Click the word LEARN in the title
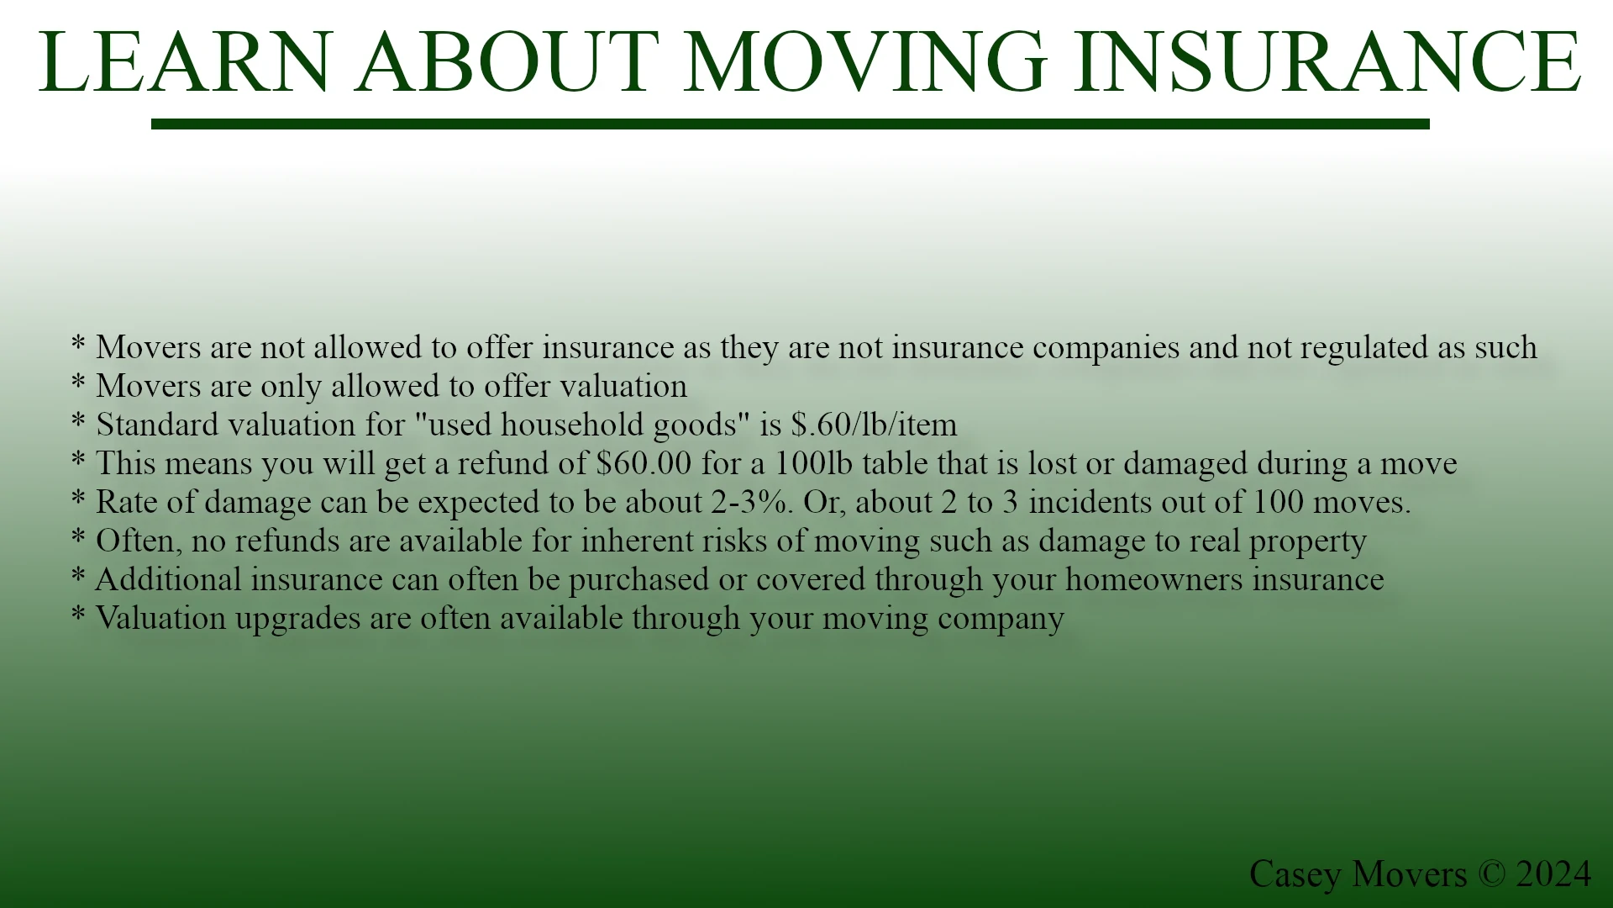coord(186,62)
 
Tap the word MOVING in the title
coord(865,62)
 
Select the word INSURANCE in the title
coord(1327,62)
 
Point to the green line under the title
coord(790,124)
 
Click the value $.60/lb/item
coord(874,425)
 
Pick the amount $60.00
coord(644,463)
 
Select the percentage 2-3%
coord(751,502)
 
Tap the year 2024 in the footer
coord(1553,874)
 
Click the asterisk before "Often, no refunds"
coord(78,536)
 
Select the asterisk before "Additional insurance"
coord(78,574)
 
